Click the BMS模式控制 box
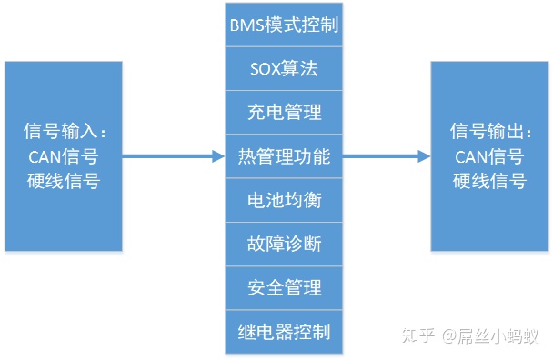point(284,25)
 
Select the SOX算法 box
point(284,68)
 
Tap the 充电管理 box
point(284,112)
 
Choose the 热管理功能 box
point(284,156)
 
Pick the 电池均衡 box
point(284,200)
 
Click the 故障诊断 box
point(284,244)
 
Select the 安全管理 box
point(284,287)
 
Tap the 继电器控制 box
point(284,330)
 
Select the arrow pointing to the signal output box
point(382,156)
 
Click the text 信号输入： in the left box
point(64,133)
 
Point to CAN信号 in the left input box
point(64,156)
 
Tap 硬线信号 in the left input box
point(64,180)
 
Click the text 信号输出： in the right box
point(489,133)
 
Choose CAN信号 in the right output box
point(489,156)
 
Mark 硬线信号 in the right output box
point(489,180)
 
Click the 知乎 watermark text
point(417,335)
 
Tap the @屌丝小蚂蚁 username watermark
point(492,335)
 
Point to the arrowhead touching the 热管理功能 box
point(218,156)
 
